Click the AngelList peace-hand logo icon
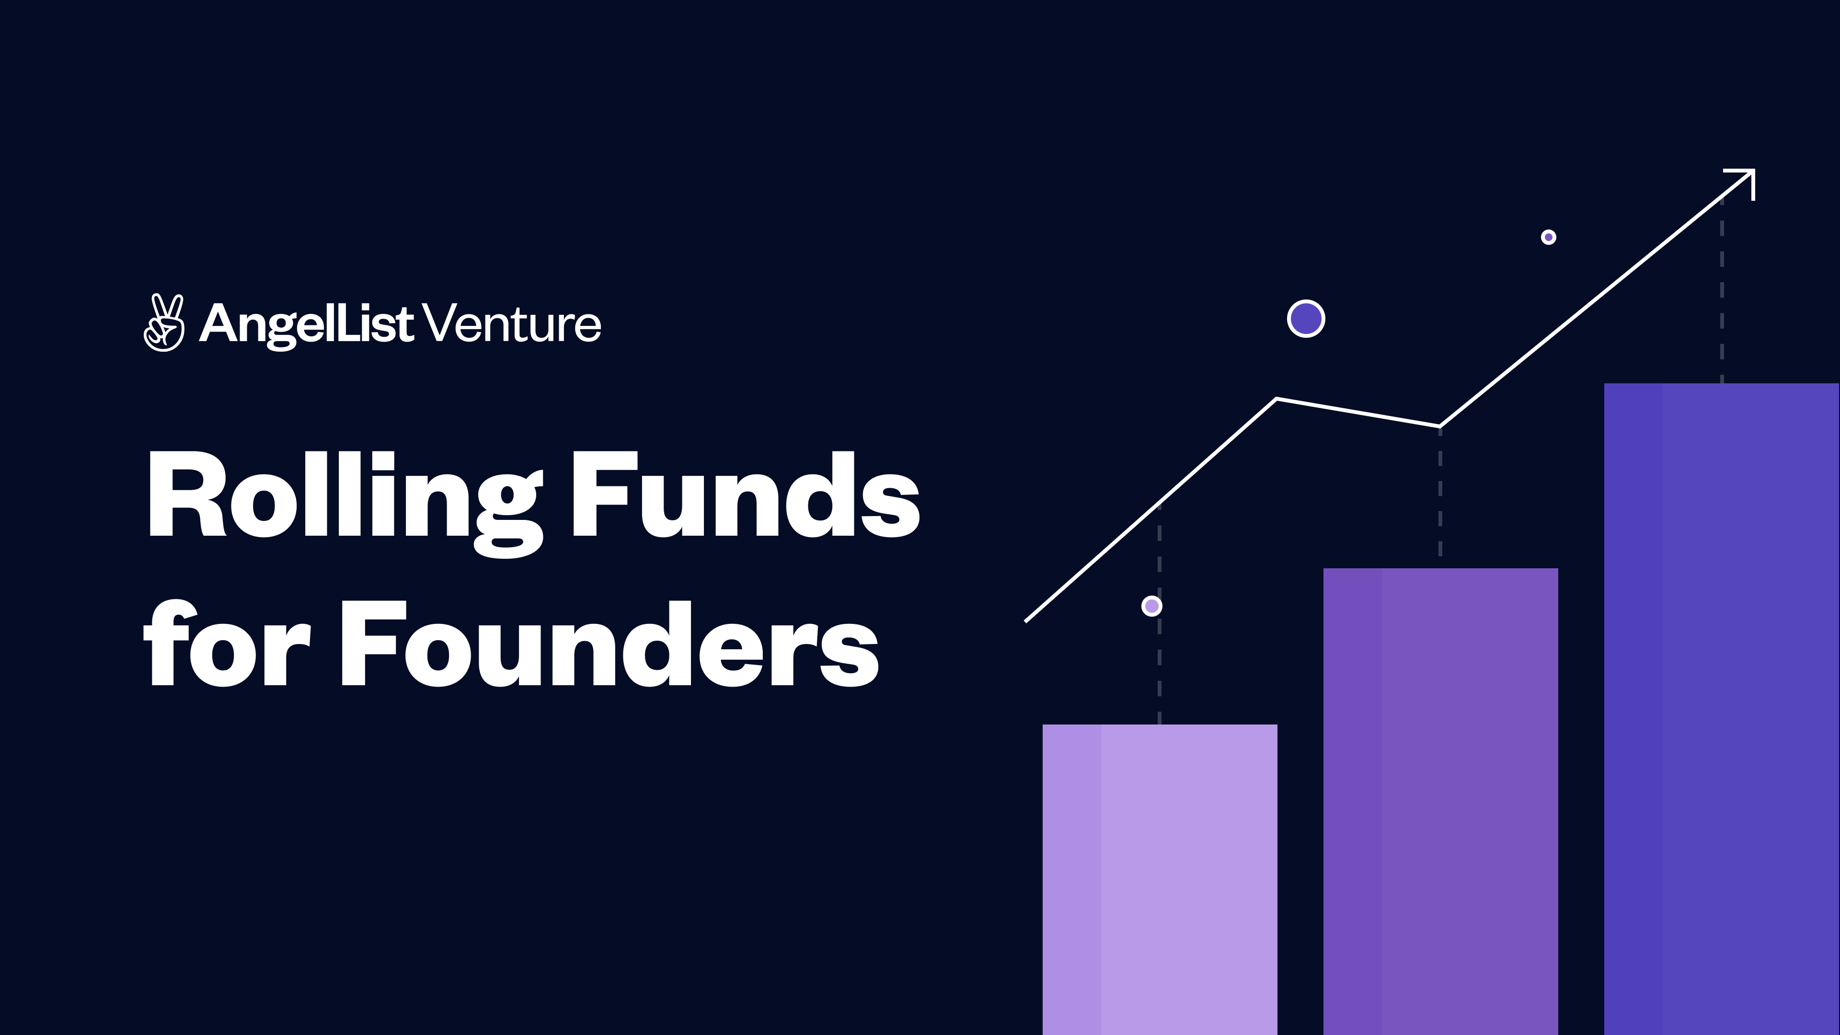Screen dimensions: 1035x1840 coord(163,323)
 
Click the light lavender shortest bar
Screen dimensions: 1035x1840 coord(1159,879)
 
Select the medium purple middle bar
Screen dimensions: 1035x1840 coord(1440,800)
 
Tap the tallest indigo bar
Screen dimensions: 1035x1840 coord(1722,707)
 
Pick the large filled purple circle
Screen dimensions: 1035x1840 coord(1306,319)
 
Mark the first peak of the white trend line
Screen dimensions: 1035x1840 coord(1276,399)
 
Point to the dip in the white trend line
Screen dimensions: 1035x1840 coord(1439,426)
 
